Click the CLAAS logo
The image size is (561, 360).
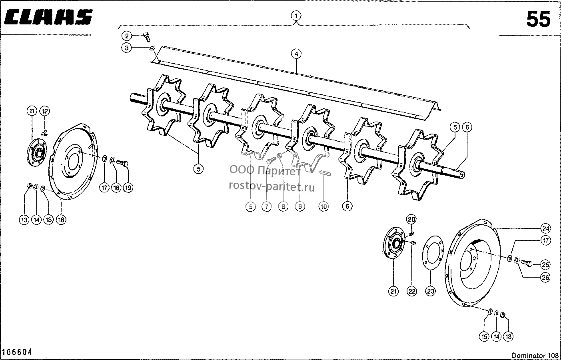[48, 17]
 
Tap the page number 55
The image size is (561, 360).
[539, 19]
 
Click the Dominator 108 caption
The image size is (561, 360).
[535, 356]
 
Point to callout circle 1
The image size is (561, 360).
[296, 16]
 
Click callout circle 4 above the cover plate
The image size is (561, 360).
[296, 54]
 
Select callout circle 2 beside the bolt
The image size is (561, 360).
[127, 36]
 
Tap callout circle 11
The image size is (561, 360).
[32, 111]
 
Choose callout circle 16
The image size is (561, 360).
[61, 220]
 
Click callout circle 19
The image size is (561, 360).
[128, 187]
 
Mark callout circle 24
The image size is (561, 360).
[545, 228]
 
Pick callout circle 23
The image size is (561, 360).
[430, 291]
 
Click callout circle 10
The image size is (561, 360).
[323, 206]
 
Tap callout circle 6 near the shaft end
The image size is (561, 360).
[467, 127]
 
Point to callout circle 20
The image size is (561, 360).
[411, 220]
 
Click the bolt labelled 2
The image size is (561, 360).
[147, 37]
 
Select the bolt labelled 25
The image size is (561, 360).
[527, 263]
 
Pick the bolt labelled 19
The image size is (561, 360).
[122, 163]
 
